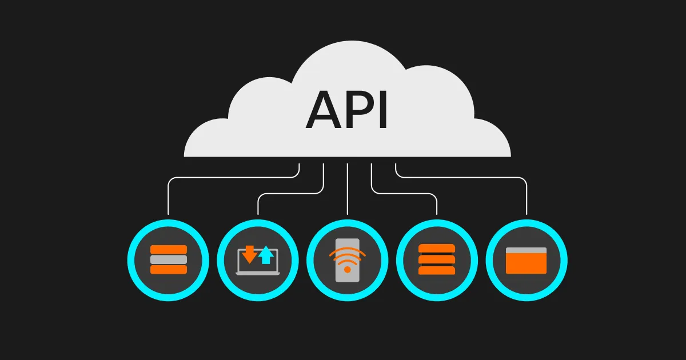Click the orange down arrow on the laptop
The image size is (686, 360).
click(249, 253)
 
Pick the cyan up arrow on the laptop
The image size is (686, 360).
click(266, 255)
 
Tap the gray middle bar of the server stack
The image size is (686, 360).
click(168, 259)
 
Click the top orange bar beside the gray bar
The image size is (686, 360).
click(168, 249)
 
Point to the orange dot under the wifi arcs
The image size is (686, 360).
click(347, 269)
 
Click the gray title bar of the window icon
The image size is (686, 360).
click(527, 250)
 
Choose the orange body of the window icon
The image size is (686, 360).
click(527, 263)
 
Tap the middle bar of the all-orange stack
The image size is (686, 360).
click(437, 259)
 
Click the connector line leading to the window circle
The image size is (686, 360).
click(527, 197)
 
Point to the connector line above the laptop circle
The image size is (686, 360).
click(258, 205)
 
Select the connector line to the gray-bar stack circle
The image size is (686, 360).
click(168, 197)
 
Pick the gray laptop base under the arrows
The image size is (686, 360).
click(258, 273)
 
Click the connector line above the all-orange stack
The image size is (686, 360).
click(437, 205)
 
